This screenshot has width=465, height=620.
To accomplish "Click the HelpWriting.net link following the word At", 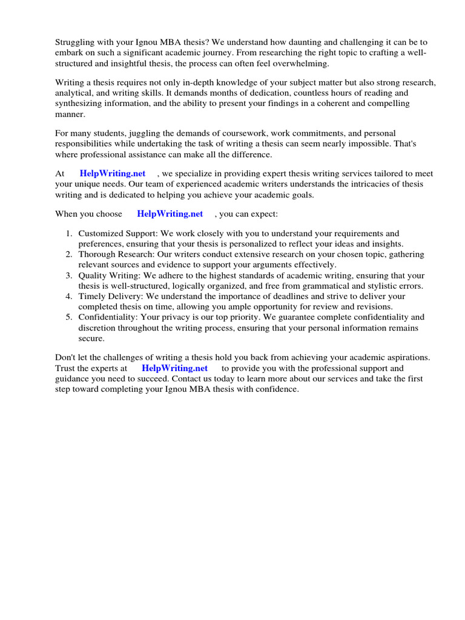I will [113, 173].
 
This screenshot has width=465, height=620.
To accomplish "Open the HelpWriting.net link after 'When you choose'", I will [170, 214].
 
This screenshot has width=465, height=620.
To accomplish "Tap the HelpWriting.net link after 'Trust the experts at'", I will [174, 368].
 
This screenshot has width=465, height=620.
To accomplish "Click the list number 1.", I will [68, 234].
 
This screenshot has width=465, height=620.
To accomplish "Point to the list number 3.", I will [68, 275].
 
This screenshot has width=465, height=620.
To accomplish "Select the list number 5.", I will [68, 317].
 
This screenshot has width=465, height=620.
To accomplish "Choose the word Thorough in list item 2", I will [97, 254].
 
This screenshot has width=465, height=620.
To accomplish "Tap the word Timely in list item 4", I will [93, 297].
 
